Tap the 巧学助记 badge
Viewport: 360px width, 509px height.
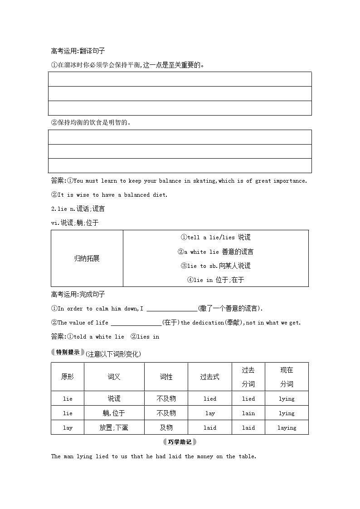(x=180, y=441)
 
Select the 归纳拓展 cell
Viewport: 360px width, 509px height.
(x=87, y=258)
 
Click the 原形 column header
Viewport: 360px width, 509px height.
(x=68, y=377)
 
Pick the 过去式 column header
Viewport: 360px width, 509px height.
(x=209, y=377)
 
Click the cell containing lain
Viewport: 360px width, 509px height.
(x=248, y=413)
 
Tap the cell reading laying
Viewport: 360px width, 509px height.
(x=287, y=427)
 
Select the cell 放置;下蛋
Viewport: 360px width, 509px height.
(x=114, y=427)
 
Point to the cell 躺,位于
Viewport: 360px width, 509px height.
(x=114, y=413)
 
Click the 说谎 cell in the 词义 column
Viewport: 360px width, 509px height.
(x=114, y=398)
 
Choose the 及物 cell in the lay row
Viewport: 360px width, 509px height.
(x=166, y=427)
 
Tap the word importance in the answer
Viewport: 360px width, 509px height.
(x=290, y=181)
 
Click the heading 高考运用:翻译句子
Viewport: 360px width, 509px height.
(x=78, y=51)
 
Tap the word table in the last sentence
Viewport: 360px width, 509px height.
(x=247, y=456)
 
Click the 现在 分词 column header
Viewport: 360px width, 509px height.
(x=287, y=377)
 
